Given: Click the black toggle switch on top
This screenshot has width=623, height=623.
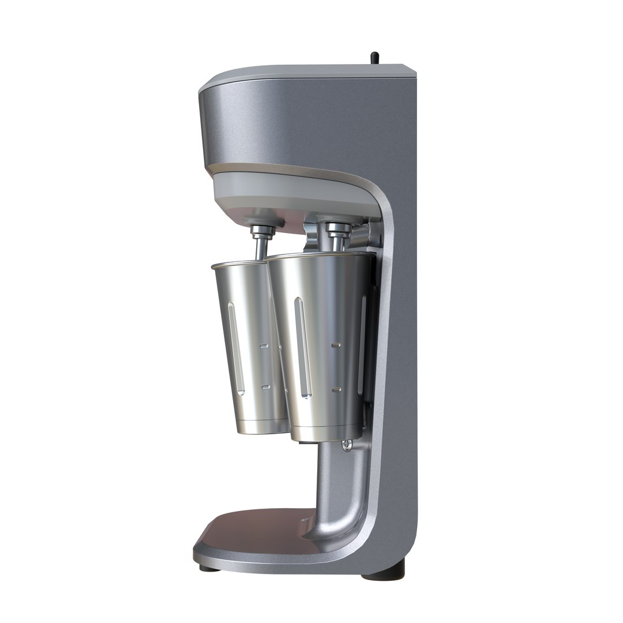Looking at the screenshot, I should (x=374, y=58).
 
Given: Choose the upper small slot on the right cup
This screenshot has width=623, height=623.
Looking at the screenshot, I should (x=335, y=345).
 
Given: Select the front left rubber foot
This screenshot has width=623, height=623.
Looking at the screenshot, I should (x=205, y=568).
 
